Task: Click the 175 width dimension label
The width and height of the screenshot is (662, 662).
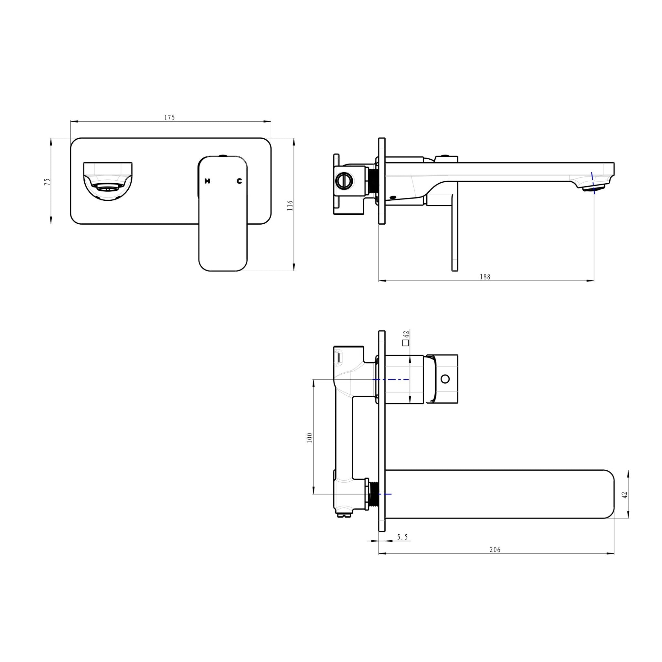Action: point(169,118)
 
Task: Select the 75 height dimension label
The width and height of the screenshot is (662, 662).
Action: point(48,182)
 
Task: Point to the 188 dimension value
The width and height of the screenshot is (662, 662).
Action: point(485,277)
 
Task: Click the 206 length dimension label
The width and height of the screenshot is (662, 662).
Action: point(495,550)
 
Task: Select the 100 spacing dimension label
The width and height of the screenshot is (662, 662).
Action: point(310,438)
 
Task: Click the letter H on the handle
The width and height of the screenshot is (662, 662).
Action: point(207,181)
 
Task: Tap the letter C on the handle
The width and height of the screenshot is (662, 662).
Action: point(239,181)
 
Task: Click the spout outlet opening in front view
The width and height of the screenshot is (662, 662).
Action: point(108,187)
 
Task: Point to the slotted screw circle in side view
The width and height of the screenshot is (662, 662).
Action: point(343,180)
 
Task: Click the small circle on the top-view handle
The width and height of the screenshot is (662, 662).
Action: point(445,379)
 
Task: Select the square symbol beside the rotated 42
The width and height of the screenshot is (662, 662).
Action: point(406,343)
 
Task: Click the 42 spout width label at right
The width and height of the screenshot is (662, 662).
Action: point(624,495)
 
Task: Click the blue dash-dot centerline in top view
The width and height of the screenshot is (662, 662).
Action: point(390,380)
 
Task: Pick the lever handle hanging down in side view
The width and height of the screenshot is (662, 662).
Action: point(454,233)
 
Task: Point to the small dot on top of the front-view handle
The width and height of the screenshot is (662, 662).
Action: point(223,155)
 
